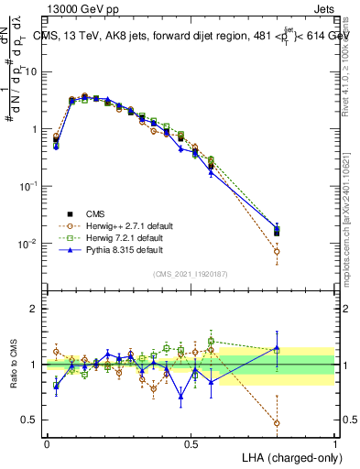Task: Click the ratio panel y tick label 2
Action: pos(35,309)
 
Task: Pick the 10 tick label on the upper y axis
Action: pos(32,71)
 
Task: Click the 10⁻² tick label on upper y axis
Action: pos(29,244)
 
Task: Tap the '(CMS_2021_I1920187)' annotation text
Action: pos(191,274)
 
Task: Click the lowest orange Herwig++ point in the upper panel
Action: pos(277,251)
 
